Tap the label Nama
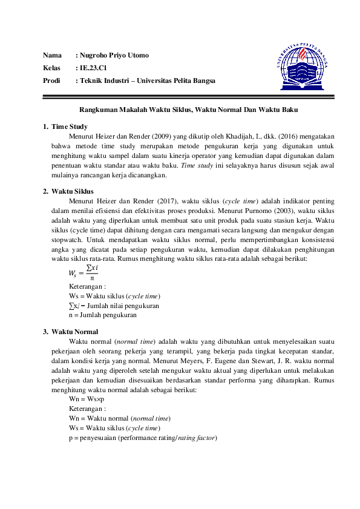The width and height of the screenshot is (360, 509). [52, 56]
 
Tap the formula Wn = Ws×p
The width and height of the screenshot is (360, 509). [87, 399]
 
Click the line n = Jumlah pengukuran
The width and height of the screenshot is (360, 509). [102, 315]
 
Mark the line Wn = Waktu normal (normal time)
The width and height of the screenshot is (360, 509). [120, 419]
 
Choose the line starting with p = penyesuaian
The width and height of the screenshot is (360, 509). [143, 438]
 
